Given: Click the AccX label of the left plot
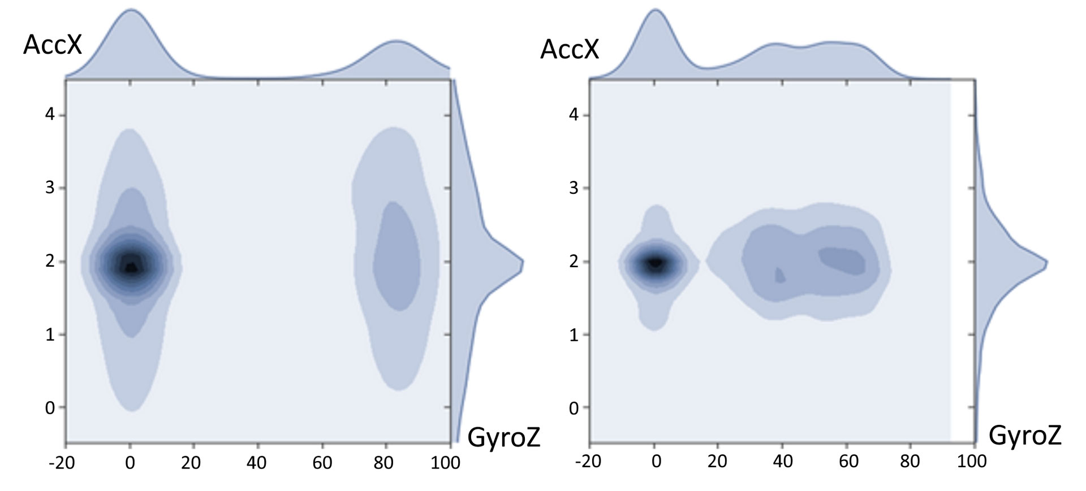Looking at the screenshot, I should click(53, 44).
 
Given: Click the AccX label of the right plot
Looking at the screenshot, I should click(569, 49).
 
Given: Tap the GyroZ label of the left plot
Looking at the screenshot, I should click(504, 437).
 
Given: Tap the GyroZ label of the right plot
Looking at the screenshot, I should click(1024, 436).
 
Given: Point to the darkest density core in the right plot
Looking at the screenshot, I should click(656, 263).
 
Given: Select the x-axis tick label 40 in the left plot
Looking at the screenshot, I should click(257, 462).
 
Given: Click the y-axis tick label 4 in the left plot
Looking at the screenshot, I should click(50, 115).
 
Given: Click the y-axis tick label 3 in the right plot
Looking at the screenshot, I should click(574, 188).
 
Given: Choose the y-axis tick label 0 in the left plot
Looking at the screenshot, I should click(50, 407).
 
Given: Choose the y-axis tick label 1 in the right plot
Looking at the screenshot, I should click(574, 334).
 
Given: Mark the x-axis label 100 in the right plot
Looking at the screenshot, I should click(972, 462).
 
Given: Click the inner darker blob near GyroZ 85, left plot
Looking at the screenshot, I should click(397, 257).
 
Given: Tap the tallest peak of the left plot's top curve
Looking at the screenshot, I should click(131, 10).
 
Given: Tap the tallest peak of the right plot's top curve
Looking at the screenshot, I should click(656, 10).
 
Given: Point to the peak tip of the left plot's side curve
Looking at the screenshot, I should click(523, 262).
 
